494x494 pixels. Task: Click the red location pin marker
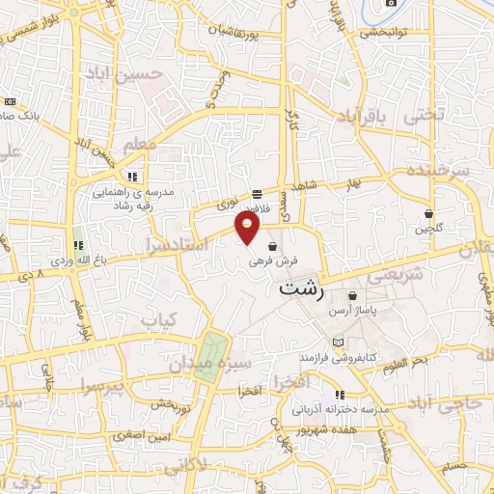248,228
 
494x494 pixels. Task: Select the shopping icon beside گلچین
428,213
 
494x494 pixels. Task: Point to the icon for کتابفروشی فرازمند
337,343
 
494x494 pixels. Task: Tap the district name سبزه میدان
210,365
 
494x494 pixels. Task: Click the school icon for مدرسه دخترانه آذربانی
339,395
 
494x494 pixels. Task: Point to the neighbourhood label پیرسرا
104,387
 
